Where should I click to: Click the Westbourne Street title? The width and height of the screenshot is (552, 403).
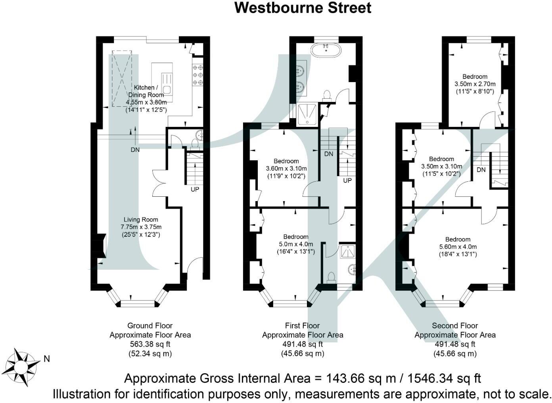(303, 8)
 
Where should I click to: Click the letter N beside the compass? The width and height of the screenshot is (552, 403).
(47, 359)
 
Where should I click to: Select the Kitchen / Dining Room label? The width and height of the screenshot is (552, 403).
(146, 91)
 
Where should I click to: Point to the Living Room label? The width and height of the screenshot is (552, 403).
(141, 220)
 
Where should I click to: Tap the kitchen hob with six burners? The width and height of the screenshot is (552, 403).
(197, 75)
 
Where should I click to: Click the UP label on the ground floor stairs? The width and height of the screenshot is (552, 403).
(195, 190)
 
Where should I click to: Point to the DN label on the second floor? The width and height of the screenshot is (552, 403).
(481, 170)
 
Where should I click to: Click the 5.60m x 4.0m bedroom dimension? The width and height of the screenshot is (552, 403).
(458, 247)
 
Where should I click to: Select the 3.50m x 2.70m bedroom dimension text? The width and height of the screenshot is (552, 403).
(475, 84)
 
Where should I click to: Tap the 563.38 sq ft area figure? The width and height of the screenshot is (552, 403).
(150, 344)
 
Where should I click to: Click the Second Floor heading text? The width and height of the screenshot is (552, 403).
(455, 326)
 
